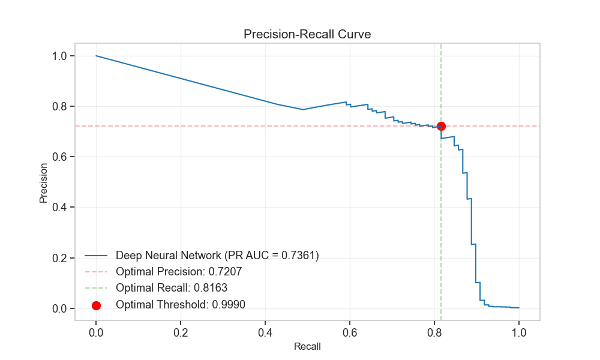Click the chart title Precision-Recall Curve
(307, 34)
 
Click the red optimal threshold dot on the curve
(441, 126)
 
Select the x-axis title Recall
(307, 347)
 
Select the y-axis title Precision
(44, 182)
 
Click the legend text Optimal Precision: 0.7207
(179, 272)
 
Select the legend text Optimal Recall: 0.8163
(172, 288)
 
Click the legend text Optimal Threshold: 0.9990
(181, 304)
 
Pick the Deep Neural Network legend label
(217, 256)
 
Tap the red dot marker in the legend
(96, 305)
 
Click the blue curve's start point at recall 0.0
(96, 56)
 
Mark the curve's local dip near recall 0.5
(303, 109)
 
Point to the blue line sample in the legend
(96, 256)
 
